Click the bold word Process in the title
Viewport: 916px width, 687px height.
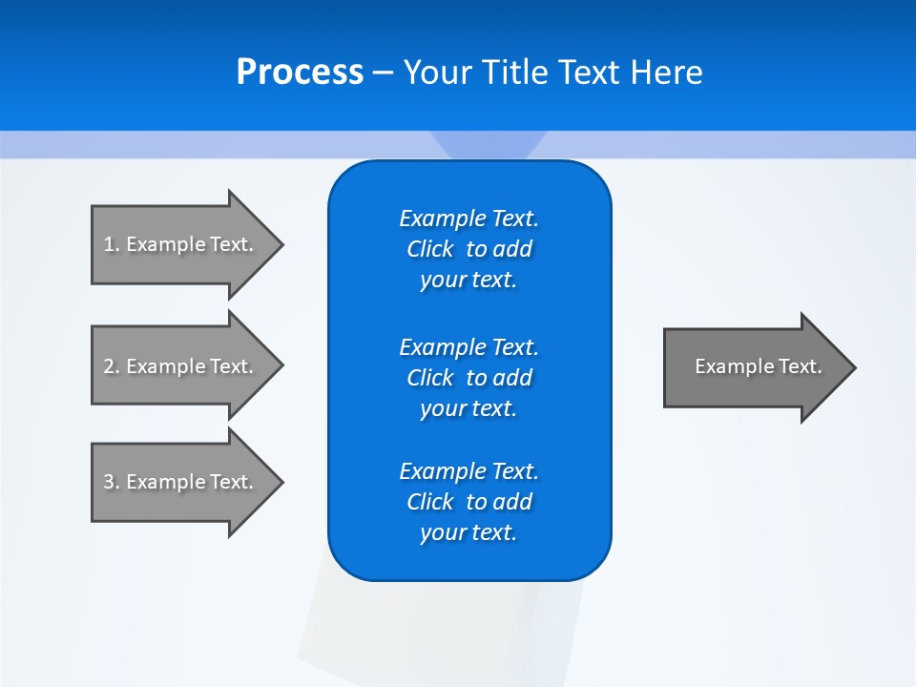tap(300, 73)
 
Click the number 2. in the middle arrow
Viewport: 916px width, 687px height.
tap(111, 366)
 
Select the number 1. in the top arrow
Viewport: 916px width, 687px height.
tap(111, 244)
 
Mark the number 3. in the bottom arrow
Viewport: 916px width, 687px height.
tap(111, 482)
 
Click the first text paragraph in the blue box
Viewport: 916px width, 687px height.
tap(468, 249)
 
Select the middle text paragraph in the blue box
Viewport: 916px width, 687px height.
tap(468, 378)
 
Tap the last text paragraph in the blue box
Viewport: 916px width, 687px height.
tap(468, 502)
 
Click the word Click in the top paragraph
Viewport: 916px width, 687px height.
tap(429, 249)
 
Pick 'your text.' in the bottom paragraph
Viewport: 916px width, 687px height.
tap(468, 532)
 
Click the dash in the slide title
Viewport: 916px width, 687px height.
tap(383, 73)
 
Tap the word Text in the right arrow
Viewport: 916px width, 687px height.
tap(801, 366)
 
